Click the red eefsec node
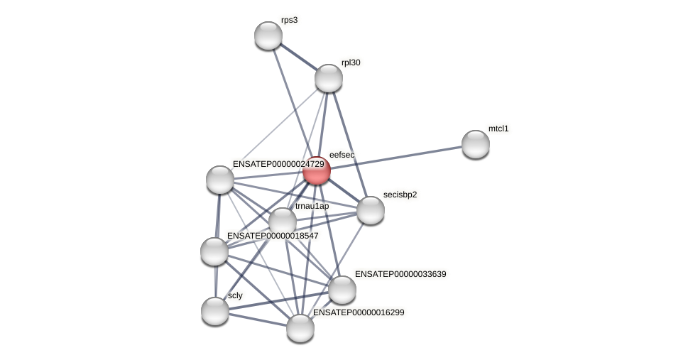[317, 171]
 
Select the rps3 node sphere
[268, 36]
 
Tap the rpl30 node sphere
[329, 78]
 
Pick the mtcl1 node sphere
[476, 144]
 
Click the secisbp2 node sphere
[371, 210]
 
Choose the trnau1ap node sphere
[283, 222]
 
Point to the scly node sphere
[215, 311]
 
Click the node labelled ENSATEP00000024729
[220, 180]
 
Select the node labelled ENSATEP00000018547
[214, 251]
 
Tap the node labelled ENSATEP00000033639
[342, 290]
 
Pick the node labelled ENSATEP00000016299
[300, 328]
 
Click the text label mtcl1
[498, 129]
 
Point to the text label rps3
[289, 20]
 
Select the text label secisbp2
[400, 195]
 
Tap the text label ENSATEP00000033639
[401, 274]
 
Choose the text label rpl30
[351, 62]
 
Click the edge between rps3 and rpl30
[298, 57]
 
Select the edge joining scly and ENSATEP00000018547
[214, 281]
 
